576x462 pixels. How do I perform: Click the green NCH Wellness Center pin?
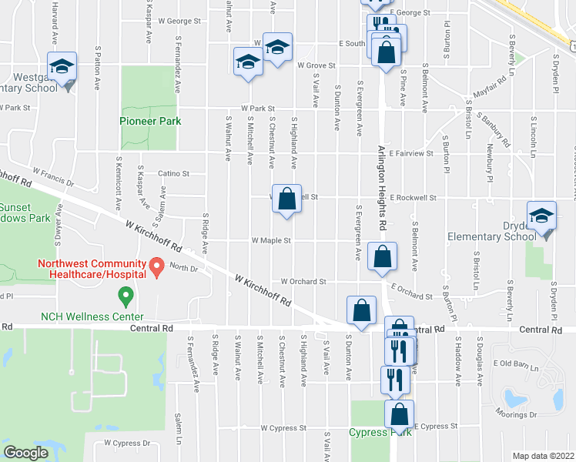tap(124, 295)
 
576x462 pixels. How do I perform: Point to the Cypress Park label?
tap(380, 432)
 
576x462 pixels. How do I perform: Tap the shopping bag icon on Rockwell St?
tap(286, 199)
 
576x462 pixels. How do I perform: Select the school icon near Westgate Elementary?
tap(62, 66)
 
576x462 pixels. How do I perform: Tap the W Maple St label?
tap(271, 240)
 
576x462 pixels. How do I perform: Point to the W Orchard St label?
tap(303, 281)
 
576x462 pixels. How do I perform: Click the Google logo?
tap(25, 453)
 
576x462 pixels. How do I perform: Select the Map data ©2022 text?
tap(543, 455)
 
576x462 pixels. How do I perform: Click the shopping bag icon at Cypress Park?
tap(400, 415)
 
